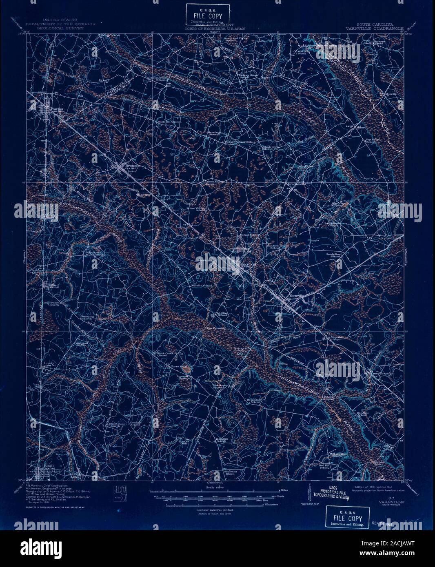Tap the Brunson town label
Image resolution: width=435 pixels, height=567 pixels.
click(122, 166)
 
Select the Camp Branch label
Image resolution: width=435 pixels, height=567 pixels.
click(372, 373)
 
